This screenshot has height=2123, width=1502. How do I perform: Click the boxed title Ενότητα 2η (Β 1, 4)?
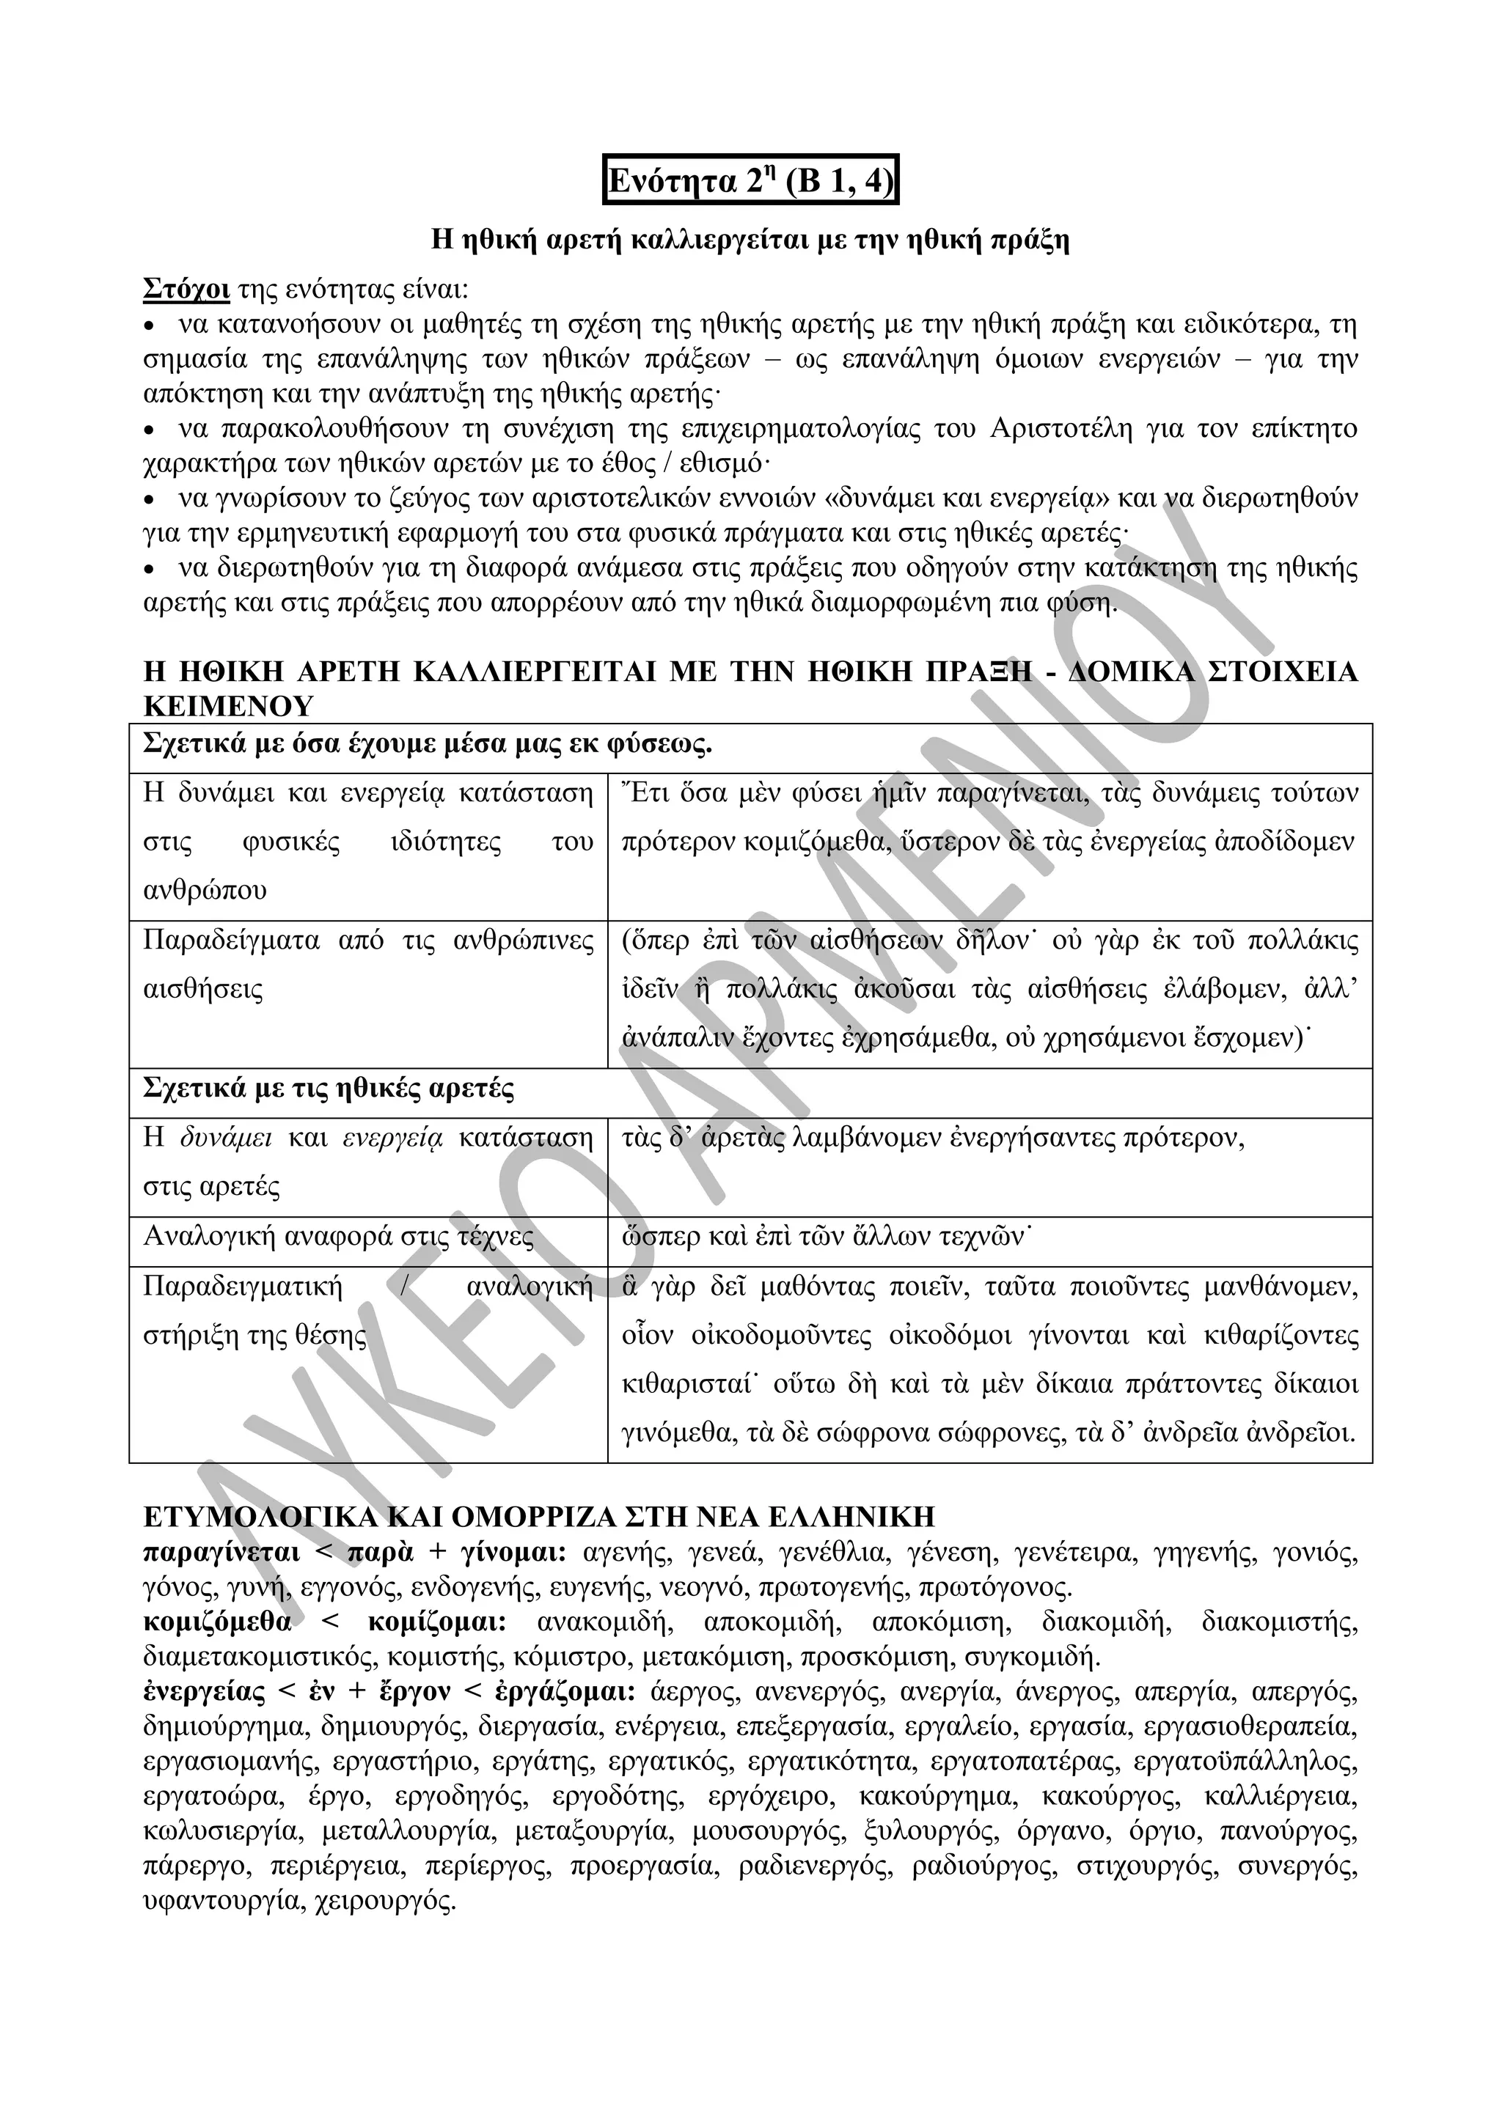[x=750, y=180]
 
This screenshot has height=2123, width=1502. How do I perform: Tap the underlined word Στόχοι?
[x=186, y=290]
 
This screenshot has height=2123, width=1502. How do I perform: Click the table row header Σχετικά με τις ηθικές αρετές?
[x=329, y=1089]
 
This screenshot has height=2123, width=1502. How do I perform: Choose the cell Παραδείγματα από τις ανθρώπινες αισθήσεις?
[x=368, y=965]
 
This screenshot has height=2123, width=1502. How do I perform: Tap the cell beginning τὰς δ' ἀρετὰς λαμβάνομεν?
[x=934, y=1139]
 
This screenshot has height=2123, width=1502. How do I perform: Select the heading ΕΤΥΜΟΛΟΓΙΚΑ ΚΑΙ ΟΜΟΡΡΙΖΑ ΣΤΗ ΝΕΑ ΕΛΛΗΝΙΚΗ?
[x=539, y=1517]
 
